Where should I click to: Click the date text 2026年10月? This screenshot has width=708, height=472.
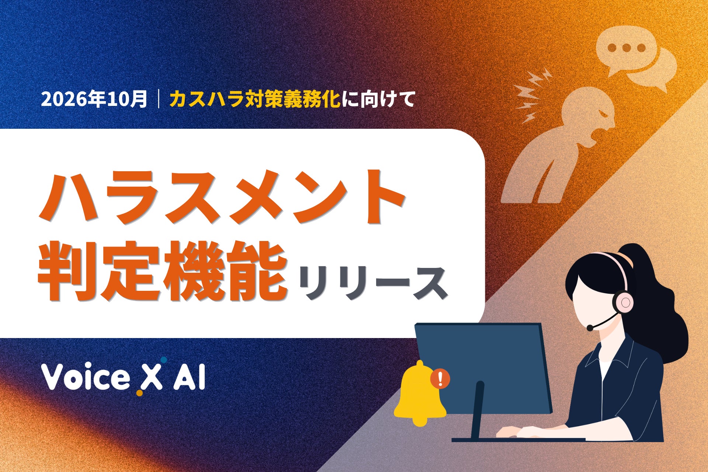click(94, 99)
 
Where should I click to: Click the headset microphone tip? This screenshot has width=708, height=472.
click(590, 328)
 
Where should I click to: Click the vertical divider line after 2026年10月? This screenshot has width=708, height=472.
click(159, 99)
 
